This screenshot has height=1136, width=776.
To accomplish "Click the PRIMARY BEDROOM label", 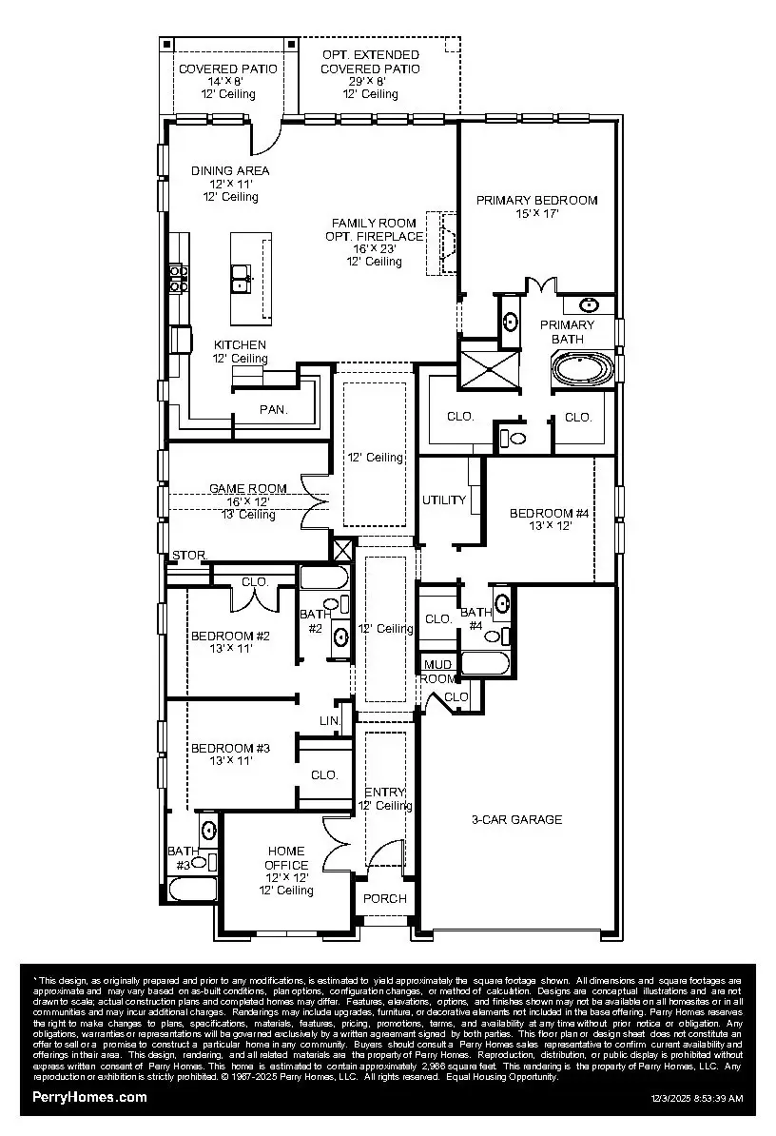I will pyautogui.click(x=536, y=200).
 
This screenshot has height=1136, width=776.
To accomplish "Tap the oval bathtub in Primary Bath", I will pyautogui.click(x=584, y=369).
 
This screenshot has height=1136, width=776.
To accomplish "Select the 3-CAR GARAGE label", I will pyautogui.click(x=516, y=819).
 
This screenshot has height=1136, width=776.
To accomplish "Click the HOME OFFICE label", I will pyautogui.click(x=285, y=858).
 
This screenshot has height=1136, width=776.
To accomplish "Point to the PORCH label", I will pyautogui.click(x=385, y=898).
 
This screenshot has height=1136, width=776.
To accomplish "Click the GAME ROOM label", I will pyautogui.click(x=247, y=489).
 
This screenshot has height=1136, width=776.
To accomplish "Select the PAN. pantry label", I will pyautogui.click(x=274, y=410).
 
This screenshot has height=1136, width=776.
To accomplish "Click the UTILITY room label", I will pyautogui.click(x=444, y=500).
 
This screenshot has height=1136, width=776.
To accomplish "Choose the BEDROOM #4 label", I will pyautogui.click(x=549, y=514).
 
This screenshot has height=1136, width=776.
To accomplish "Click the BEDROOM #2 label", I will pyautogui.click(x=231, y=636).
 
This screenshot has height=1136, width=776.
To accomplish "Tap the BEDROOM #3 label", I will pyautogui.click(x=230, y=749).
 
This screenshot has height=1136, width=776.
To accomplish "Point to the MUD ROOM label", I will pyautogui.click(x=437, y=672).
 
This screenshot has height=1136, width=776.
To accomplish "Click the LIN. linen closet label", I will pyautogui.click(x=329, y=722).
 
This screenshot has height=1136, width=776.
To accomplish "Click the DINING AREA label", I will pyautogui.click(x=230, y=171).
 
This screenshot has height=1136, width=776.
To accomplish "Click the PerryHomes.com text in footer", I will pyautogui.click(x=90, y=1097).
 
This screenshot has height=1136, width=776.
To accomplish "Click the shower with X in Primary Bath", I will pyautogui.click(x=487, y=365).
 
